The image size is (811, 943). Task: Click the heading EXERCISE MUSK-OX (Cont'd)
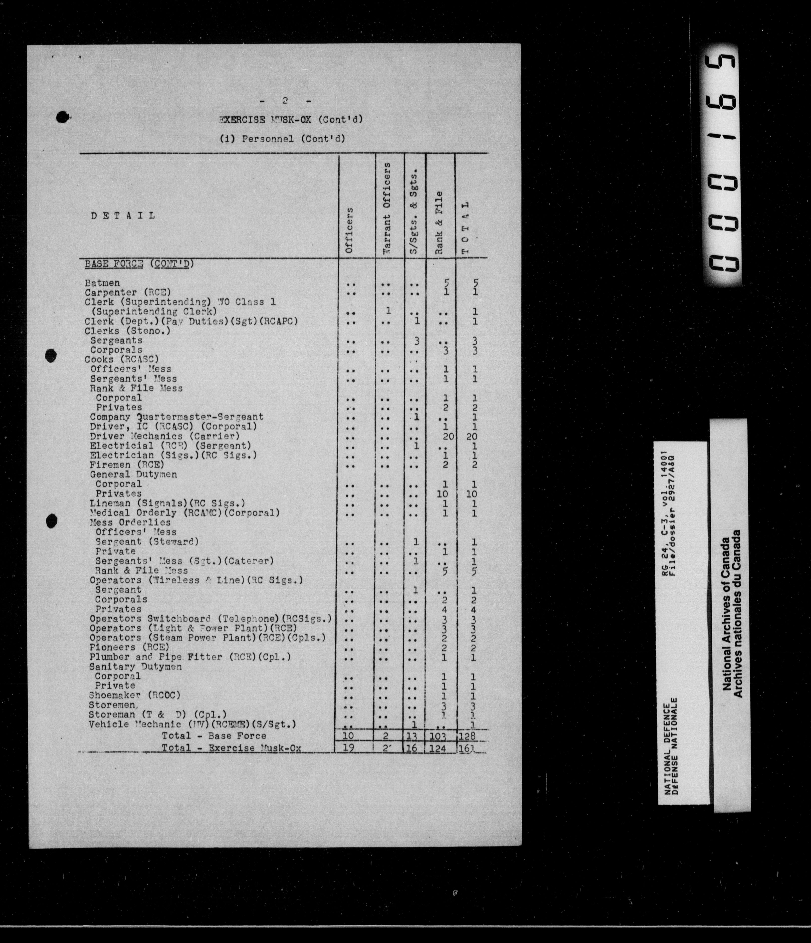(x=291, y=120)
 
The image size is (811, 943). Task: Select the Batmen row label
(x=102, y=283)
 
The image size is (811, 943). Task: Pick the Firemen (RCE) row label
(x=127, y=465)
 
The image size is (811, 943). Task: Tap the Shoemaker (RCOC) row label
(x=135, y=695)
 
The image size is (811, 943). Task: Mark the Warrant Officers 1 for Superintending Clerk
(x=388, y=311)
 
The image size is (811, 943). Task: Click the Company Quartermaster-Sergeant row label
(x=177, y=417)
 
